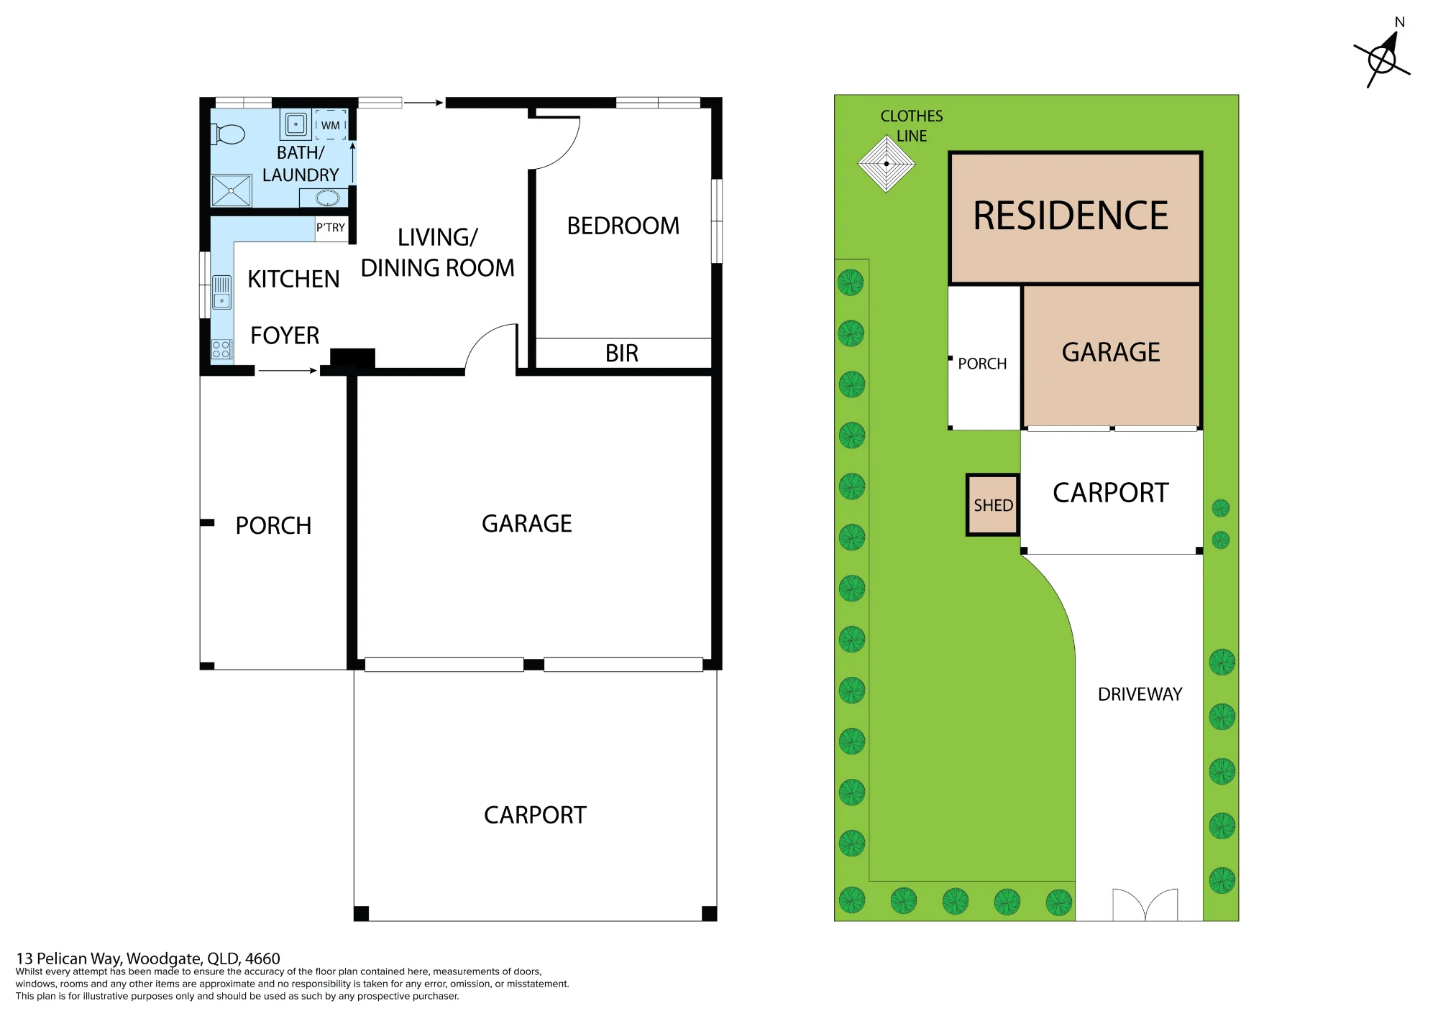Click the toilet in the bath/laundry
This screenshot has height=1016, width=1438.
coord(228,134)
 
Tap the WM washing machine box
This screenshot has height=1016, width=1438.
coord(330,124)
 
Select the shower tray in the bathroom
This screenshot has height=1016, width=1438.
coord(231,190)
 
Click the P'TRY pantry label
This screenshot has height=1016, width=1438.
coord(331,228)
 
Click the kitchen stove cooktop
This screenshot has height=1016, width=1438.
coord(221,349)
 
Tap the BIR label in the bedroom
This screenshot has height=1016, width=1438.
coord(622,354)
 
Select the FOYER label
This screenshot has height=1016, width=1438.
coord(285,336)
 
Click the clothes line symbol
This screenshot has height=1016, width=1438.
coord(887,164)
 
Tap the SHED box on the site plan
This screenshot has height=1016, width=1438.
coord(993,505)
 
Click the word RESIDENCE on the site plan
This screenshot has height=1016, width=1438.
coord(1071,216)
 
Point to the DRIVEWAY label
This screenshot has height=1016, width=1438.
coord(1140,694)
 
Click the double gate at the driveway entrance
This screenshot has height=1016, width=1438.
coord(1145,905)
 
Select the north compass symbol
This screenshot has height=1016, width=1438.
coord(1383,57)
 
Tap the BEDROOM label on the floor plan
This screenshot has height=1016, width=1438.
coord(623,226)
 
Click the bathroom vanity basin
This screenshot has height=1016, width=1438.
coord(327,198)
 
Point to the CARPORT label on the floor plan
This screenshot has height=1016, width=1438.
coord(535,815)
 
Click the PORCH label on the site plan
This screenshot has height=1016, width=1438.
coord(982,364)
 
